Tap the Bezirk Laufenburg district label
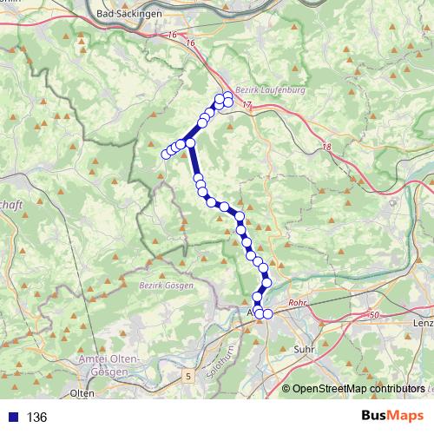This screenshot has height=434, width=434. pyautogui.click(x=260, y=89)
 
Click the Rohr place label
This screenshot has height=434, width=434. pyautogui.click(x=298, y=304)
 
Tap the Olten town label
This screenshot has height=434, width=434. pyautogui.click(x=82, y=393)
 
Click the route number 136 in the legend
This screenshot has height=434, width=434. pyautogui.click(x=36, y=418)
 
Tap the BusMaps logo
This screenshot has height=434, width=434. pyautogui.click(x=392, y=417)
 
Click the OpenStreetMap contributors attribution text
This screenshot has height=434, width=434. pyautogui.click(x=358, y=388)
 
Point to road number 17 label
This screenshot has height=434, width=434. pyautogui.click(x=248, y=105)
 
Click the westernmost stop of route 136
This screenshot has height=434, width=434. pyautogui.click(x=165, y=155)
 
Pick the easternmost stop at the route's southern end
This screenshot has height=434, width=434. pyautogui.click(x=267, y=313)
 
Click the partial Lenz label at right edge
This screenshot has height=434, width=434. pyautogui.click(x=423, y=322)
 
